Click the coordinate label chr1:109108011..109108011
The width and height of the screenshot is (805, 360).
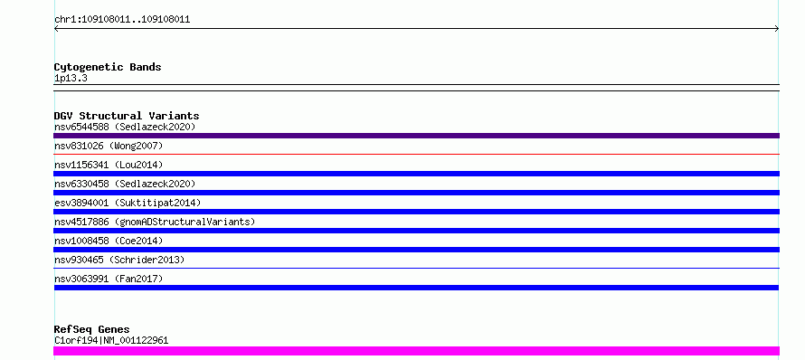tap(122, 20)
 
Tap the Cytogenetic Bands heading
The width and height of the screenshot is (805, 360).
tap(108, 67)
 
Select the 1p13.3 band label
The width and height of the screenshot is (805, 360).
tap(71, 78)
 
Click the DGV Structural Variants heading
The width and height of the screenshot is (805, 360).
tap(127, 116)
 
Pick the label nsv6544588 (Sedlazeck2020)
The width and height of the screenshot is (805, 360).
tap(125, 127)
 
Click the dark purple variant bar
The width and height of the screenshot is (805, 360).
tap(416, 136)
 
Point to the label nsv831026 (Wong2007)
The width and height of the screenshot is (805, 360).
tap(109, 146)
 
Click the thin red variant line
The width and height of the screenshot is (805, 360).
tap(416, 154)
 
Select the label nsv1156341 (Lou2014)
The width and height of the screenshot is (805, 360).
tap(109, 165)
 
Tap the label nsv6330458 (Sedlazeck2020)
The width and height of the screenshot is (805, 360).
tap(125, 184)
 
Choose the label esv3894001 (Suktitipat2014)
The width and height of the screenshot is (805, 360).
tap(128, 203)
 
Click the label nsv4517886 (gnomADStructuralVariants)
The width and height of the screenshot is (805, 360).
tap(155, 222)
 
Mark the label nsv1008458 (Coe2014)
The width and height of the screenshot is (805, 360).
tap(109, 241)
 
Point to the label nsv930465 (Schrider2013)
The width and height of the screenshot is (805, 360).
tap(119, 260)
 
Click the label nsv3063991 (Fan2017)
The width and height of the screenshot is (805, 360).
tap(109, 279)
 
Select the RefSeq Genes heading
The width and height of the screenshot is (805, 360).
tap(91, 329)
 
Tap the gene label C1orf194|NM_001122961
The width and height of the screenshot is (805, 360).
tap(111, 340)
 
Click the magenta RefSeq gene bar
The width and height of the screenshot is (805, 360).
tap(416, 351)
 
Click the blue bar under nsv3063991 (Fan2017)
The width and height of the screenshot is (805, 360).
tap(416, 288)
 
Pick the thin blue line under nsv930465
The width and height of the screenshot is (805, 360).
tap(416, 268)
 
